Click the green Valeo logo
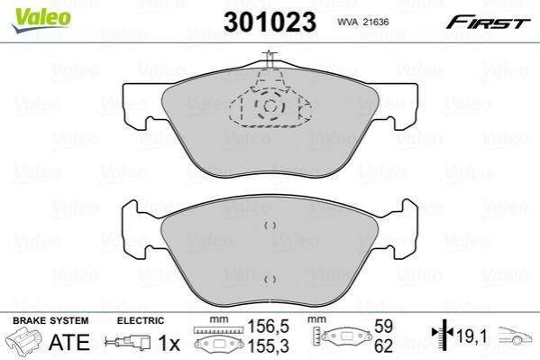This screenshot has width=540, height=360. click(41, 21)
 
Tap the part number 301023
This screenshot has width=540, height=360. click(270, 22)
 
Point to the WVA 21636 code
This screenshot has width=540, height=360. click(363, 22)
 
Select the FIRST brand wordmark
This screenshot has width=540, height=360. click(489, 23)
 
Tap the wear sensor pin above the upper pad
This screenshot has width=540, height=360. click(270, 60)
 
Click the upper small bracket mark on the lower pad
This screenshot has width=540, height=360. click(270, 226)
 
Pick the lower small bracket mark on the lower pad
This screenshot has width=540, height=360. click(270, 280)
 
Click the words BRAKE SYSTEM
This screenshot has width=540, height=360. click(50, 320)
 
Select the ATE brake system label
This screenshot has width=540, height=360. click(69, 342)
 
